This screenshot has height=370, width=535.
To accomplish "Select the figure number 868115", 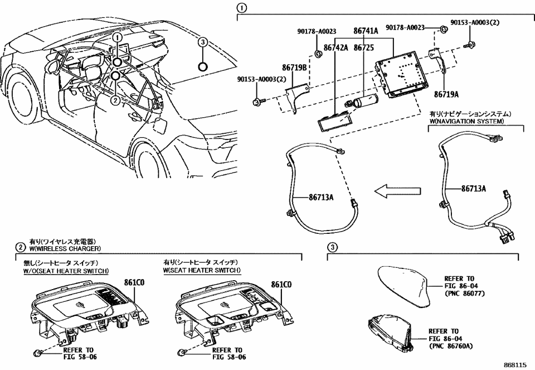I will pos(514,363).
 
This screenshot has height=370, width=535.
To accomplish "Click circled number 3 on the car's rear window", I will pos(203,42).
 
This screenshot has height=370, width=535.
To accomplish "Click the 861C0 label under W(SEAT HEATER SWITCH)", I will pos(281,284).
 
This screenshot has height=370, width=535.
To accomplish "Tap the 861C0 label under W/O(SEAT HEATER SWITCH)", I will pos(133,284).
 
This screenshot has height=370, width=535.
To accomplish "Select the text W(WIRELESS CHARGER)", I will pos(65,248).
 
